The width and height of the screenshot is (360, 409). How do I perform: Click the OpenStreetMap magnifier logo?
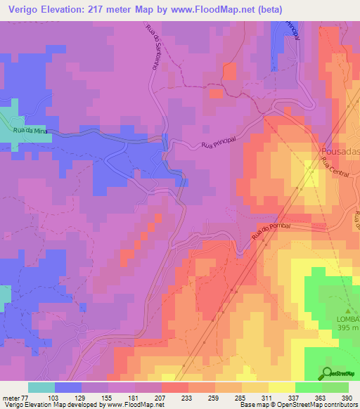tap(328, 373)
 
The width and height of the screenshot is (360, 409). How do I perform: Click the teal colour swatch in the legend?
tap(41, 387)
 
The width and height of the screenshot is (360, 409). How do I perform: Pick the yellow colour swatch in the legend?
tap(281, 387)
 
